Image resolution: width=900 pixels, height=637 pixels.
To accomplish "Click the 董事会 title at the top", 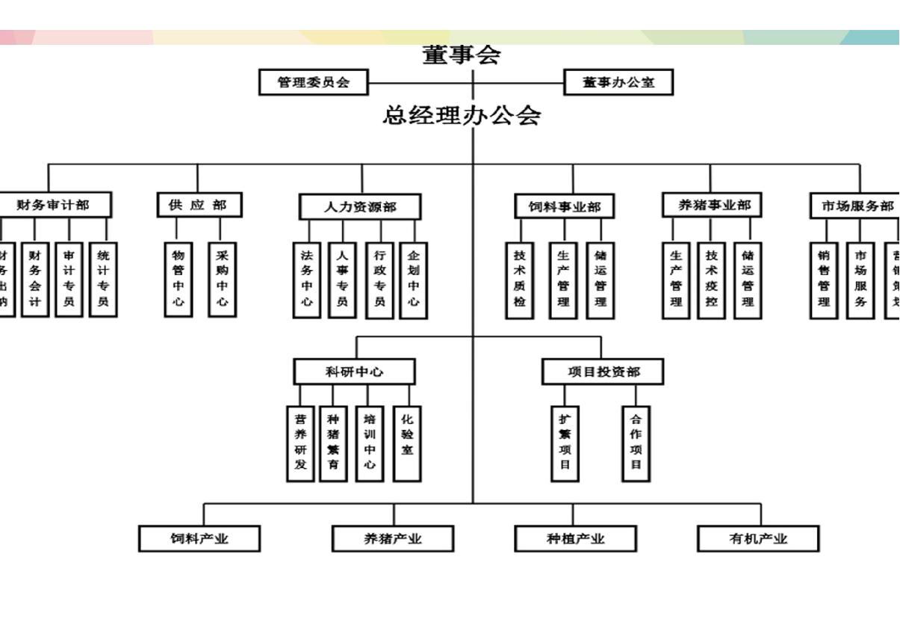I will pos(461,55).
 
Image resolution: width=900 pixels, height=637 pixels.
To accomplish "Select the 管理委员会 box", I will pos(314,82).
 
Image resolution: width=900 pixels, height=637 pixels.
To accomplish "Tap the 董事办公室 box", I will pos(618,82).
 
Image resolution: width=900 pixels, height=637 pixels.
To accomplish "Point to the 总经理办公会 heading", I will pos(462,115).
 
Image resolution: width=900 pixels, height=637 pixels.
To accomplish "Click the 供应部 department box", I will pos(199,205).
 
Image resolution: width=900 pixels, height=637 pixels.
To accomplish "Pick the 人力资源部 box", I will pos(360,206).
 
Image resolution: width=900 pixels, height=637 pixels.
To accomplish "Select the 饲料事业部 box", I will pos(564,206).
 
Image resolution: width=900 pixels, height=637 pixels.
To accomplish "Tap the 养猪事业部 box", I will pos(711,205).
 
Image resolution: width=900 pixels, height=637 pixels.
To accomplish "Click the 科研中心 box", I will pos(354,372).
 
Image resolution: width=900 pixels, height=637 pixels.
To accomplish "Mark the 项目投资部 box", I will pos(602,372).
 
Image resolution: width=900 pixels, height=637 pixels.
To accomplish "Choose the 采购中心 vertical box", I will pos(223,278).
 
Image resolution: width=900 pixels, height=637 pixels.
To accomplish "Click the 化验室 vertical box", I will pos(407,443).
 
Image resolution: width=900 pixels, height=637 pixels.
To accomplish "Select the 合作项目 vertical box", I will pos(636,443).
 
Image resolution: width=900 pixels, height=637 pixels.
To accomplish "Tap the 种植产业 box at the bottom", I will pos(575,538).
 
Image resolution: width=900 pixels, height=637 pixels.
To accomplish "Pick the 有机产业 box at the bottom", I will pos(758,538).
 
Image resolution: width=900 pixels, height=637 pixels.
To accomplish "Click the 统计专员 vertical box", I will pos(103,278).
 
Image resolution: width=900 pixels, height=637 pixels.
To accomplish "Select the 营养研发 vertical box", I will pos(300,443).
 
